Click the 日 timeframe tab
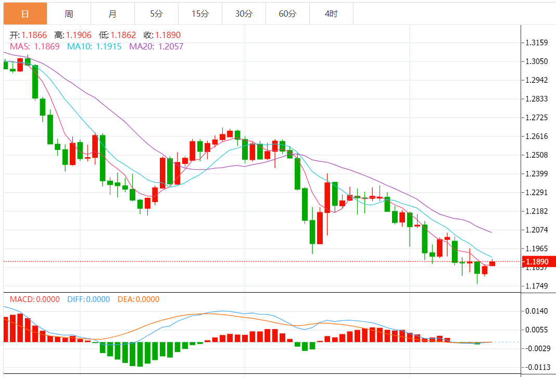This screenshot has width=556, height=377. (x=25, y=14)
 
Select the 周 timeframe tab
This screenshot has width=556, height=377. (x=69, y=14)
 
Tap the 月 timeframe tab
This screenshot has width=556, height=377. (x=112, y=14)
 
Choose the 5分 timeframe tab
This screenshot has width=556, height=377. (x=156, y=14)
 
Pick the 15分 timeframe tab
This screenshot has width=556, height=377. (x=200, y=14)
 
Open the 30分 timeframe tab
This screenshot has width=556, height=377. (x=244, y=14)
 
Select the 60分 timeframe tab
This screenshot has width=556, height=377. (x=287, y=14)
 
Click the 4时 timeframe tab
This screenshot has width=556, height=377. (x=331, y=14)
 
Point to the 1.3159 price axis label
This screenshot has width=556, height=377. (x=537, y=42)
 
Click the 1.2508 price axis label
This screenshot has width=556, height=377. (x=537, y=155)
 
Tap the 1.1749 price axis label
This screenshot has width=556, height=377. (x=537, y=286)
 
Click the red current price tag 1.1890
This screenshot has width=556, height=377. (x=537, y=261)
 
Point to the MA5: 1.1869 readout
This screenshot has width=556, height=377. (x=35, y=46)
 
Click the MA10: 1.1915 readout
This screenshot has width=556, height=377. (x=95, y=46)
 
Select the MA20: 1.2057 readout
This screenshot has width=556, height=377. (x=156, y=46)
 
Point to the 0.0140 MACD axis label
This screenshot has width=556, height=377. (x=537, y=311)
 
